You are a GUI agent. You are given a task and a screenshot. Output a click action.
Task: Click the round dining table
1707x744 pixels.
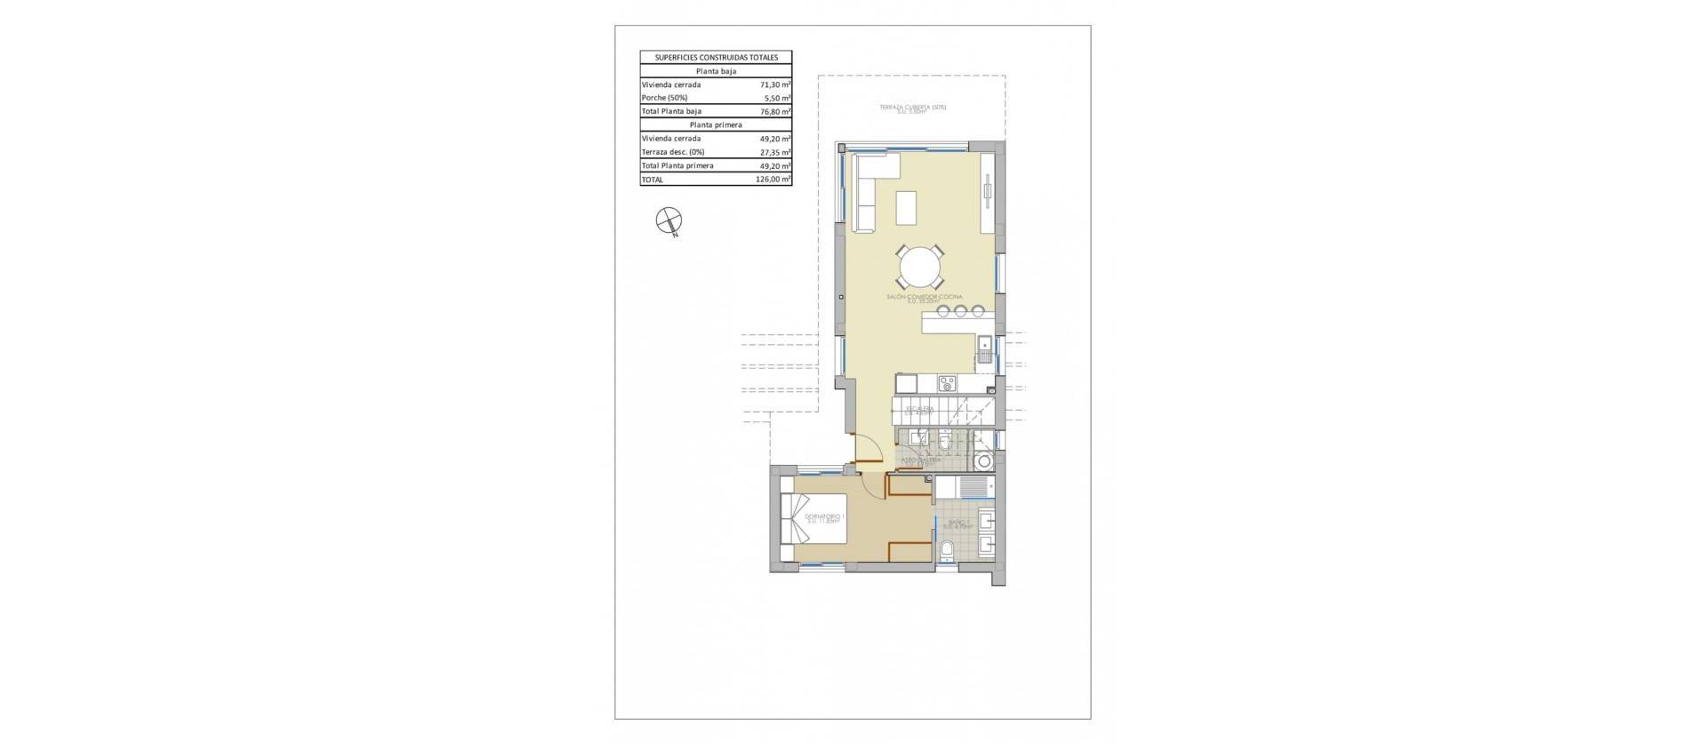(x=918, y=264)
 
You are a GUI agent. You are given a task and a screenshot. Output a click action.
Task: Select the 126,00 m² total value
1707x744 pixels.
(x=769, y=180)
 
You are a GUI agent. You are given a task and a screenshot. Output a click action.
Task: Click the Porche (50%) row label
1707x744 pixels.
(x=664, y=98)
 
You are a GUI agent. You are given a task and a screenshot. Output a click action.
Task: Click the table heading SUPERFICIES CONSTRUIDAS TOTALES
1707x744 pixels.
(x=716, y=57)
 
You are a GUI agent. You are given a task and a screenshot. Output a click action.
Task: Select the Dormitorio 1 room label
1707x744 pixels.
(x=203, y=516)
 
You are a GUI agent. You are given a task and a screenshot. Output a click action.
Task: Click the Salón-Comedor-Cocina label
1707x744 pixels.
(x=918, y=298)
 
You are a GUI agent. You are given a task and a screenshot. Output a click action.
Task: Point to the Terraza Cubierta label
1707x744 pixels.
(x=913, y=108)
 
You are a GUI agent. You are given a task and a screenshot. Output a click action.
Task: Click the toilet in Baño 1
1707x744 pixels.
(x=947, y=550)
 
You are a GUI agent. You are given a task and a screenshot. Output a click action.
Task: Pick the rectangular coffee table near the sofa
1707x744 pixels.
(x=906, y=208)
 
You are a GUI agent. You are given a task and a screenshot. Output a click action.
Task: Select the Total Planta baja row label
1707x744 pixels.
(x=671, y=111)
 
